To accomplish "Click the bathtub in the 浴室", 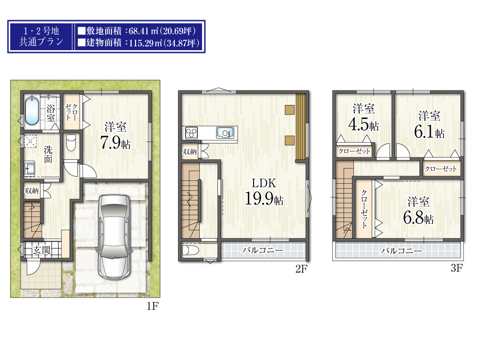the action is point(32,111).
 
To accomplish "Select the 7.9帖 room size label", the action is point(115,142).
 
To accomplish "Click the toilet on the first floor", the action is point(71,142).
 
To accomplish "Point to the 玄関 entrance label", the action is point(42,250).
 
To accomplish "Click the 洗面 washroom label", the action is point(48,155).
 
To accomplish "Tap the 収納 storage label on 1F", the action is point(32,191).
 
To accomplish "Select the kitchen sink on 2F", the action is point(225,133).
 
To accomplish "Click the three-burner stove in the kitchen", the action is point(192,133).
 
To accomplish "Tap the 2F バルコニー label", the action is point(262,250).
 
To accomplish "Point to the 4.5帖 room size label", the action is point(363,124).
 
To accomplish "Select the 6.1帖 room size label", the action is point(429,132).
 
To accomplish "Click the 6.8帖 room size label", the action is point(418,218).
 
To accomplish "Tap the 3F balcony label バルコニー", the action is point(401,251).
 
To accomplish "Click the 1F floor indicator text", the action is point(152,306).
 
